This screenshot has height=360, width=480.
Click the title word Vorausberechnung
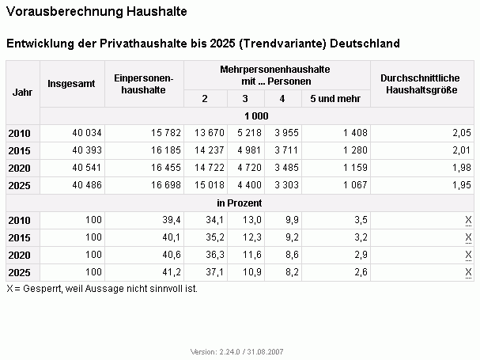click(x=64, y=12)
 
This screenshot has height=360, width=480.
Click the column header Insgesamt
click(x=71, y=84)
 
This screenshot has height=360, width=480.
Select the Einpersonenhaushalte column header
click(x=144, y=84)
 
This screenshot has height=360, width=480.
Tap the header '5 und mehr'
click(x=335, y=99)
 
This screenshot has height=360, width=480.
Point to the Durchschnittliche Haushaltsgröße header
click(x=421, y=84)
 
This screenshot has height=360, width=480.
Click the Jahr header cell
click(x=22, y=93)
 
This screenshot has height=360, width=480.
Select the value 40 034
click(x=87, y=133)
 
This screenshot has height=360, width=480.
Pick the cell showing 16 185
click(x=166, y=150)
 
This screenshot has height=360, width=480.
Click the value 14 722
click(x=210, y=168)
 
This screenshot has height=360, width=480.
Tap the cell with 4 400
click(x=250, y=185)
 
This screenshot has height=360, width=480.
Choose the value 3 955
click(x=286, y=133)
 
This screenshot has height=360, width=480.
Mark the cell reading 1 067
click(x=355, y=185)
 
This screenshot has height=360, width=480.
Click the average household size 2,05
click(x=462, y=133)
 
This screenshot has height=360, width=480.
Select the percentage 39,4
click(x=172, y=220)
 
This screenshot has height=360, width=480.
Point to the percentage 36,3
click(x=215, y=255)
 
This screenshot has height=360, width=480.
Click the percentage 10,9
click(x=252, y=272)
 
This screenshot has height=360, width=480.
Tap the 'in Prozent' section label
click(x=240, y=203)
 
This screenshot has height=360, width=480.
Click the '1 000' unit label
click(x=256, y=116)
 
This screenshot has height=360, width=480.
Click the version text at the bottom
click(x=237, y=352)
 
